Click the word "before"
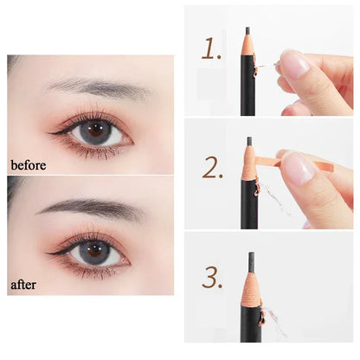coord(28,163)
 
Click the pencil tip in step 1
coord(247,29)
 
